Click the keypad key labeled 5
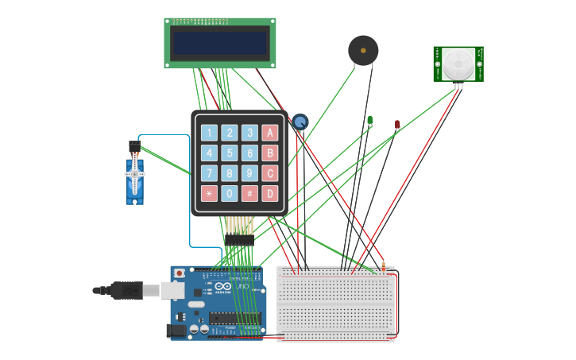(x=230, y=153)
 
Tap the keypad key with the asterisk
(x=209, y=193)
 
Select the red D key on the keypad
(x=270, y=193)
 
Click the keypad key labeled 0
(x=230, y=193)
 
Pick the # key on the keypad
(x=249, y=193)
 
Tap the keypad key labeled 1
(x=209, y=133)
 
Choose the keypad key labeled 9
(x=249, y=173)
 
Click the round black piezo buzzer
(x=363, y=51)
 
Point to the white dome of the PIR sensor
(x=458, y=63)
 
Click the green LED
(x=369, y=121)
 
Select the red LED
(x=397, y=125)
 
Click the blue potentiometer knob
(x=300, y=122)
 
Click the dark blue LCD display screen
(x=220, y=43)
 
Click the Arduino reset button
(x=180, y=273)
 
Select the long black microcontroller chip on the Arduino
(x=234, y=319)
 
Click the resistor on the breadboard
(x=383, y=267)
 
